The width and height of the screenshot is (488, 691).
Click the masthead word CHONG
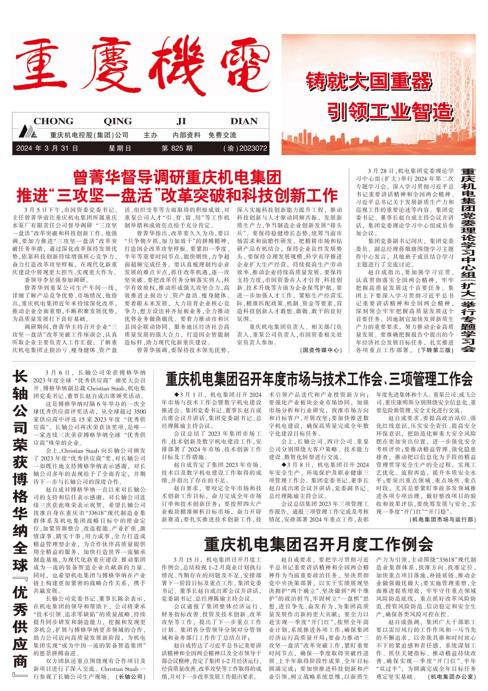pos(53,121)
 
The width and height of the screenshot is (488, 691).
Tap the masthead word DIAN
pos(244,121)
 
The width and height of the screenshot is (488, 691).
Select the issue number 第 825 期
pos(177,149)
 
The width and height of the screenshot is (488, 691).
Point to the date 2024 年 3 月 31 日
pos(47,149)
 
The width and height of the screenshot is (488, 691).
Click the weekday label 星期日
pos(120,149)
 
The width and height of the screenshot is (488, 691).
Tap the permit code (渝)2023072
pos(246,149)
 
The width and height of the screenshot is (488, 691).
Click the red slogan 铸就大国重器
pos(369,82)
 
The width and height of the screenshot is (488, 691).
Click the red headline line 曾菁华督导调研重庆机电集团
pos(177,177)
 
